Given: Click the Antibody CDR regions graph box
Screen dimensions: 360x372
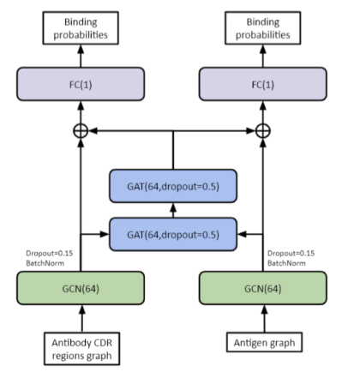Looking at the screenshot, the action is pyautogui.click(x=81, y=349).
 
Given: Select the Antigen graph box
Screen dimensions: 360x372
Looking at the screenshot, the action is pyautogui.click(x=264, y=342).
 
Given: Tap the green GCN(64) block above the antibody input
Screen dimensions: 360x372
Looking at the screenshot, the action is pyautogui.click(x=81, y=288).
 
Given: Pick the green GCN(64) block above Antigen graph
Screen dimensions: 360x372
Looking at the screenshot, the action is pyautogui.click(x=263, y=288).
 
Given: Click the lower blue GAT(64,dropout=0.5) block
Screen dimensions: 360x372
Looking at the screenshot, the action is pyautogui.click(x=173, y=234).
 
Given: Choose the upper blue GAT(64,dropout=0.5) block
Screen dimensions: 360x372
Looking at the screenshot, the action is pyautogui.click(x=173, y=186).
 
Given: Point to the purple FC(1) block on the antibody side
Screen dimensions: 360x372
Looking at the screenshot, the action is pyautogui.click(x=81, y=84).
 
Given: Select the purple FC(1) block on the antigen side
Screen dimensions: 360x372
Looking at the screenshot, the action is pyautogui.click(x=263, y=84).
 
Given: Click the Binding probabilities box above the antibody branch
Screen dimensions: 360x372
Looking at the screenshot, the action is pyautogui.click(x=81, y=28).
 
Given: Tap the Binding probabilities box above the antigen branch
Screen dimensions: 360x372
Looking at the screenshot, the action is pyautogui.click(x=263, y=28).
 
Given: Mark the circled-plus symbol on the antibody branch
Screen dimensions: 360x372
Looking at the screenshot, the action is pyautogui.click(x=81, y=131).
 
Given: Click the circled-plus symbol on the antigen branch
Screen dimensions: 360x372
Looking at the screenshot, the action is pyautogui.click(x=263, y=131).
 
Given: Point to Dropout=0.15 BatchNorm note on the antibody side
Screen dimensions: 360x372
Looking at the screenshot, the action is pyautogui.click(x=49, y=258).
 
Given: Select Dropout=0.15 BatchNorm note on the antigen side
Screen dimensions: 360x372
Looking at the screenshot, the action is pyautogui.click(x=291, y=258).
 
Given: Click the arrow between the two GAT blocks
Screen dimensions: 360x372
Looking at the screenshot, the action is pyautogui.click(x=173, y=210).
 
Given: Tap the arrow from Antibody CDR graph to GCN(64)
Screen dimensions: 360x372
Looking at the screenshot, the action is pyautogui.click(x=82, y=318).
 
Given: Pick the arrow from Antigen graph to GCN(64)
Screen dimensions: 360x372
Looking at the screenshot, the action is pyautogui.click(x=264, y=318).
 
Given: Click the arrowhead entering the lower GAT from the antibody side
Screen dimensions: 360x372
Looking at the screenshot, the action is pyautogui.click(x=105, y=234).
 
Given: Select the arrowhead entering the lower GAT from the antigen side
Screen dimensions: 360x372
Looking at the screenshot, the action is pyautogui.click(x=242, y=234).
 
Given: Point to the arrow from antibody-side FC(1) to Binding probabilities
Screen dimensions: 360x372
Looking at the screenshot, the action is pyautogui.click(x=81, y=56).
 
